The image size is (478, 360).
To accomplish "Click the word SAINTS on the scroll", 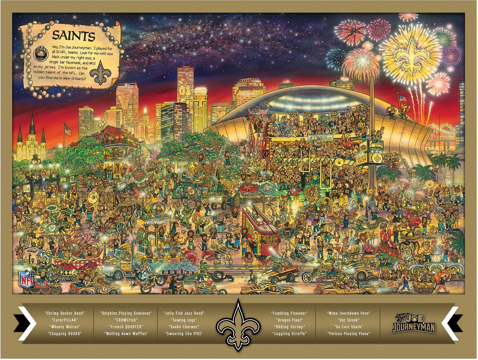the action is [x=74, y=35].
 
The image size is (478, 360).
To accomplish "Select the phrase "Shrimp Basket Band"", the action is [x=65, y=313].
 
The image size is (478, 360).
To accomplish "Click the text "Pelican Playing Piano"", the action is [x=349, y=334].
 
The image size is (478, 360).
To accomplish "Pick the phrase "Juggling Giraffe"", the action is [x=289, y=334].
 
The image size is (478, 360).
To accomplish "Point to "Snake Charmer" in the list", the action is [x=184, y=327].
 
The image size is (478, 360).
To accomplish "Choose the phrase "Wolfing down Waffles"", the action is [x=126, y=334].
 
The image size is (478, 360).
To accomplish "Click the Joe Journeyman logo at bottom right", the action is [x=413, y=323].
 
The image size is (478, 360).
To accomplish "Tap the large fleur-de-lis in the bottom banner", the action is [x=238, y=325].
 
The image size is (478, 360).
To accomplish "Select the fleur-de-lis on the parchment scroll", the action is [x=101, y=73].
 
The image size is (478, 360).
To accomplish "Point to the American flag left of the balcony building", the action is [x=68, y=129].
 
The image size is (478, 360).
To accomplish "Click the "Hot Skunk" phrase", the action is [x=349, y=320].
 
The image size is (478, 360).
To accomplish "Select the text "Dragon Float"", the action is [x=289, y=320].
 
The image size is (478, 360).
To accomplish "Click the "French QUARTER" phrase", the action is [x=126, y=327].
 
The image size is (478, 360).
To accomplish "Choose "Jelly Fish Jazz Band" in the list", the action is [x=184, y=313].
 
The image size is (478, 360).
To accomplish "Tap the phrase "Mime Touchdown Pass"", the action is [x=349, y=313].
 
